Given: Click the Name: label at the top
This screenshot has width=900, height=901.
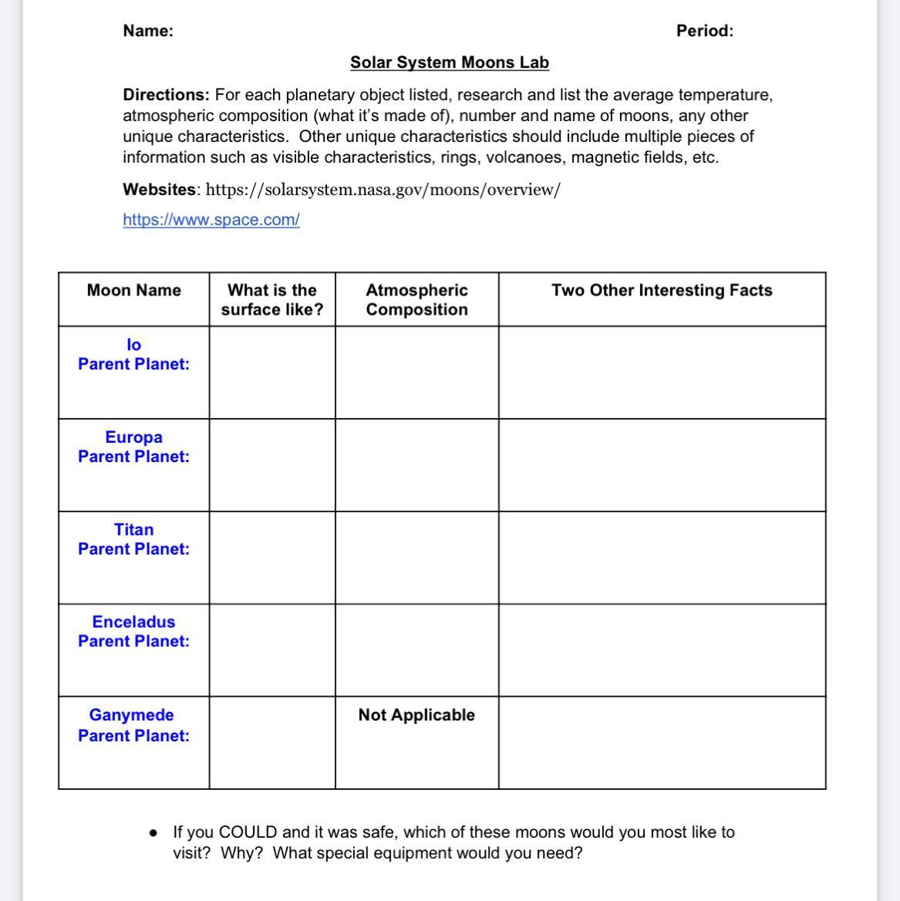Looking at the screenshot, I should tap(148, 31).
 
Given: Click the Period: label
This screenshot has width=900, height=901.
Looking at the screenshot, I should tap(705, 31).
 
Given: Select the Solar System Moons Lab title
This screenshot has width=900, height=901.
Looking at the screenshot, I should tap(450, 62).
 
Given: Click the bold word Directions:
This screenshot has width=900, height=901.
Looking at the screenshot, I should tap(166, 95).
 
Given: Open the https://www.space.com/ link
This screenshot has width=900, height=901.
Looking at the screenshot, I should tap(211, 220).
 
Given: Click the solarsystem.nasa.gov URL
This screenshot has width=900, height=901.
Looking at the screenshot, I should tap(383, 190).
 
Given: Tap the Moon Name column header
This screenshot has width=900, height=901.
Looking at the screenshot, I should tap(134, 291).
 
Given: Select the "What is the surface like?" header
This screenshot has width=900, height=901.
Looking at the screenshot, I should tap(272, 300).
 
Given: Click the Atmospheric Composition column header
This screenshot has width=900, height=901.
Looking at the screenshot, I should tap(416, 300).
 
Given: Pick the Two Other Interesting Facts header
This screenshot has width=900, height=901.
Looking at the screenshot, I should tap(662, 291).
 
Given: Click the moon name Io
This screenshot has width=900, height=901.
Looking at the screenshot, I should tap(134, 345).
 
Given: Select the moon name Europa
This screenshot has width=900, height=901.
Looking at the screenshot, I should tap(134, 437).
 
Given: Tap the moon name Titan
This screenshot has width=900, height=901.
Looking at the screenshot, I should tap(134, 530).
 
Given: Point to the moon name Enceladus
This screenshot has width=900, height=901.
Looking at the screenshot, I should tap(134, 622).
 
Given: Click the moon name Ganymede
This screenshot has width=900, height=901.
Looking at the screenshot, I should tap(132, 715).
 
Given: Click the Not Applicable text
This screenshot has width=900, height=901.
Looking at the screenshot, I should tap(416, 715).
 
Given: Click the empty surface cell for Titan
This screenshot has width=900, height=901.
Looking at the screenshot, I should tap(272, 558).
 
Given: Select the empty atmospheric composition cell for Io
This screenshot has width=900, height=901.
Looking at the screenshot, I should tap(416, 373).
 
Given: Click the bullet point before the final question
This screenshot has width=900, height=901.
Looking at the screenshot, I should tap(154, 833).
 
